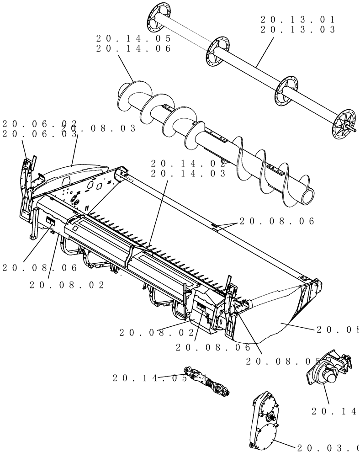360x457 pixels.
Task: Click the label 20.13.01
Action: (x=298, y=20)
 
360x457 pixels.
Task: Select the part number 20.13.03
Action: (x=298, y=30)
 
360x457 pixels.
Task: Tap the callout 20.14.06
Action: (x=134, y=48)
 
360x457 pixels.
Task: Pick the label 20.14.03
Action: (x=188, y=174)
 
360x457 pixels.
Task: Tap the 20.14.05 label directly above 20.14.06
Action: (x=134, y=38)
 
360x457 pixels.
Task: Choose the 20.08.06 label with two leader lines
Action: (x=277, y=221)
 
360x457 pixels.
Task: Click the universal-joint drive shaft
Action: (x=208, y=382)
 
